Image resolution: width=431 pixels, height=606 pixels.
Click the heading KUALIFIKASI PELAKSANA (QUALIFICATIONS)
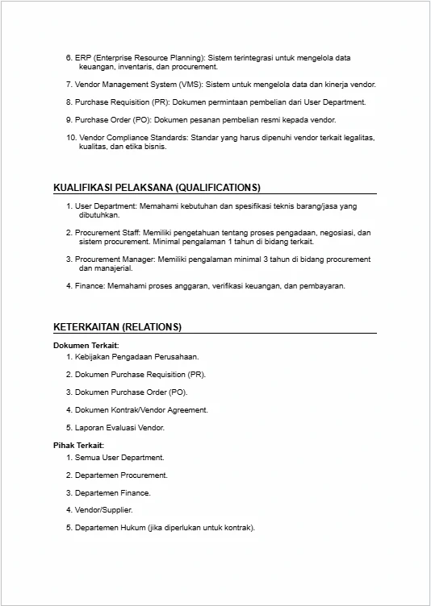[x=157, y=187]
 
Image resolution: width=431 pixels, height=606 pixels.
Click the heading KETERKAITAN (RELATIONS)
[x=117, y=326]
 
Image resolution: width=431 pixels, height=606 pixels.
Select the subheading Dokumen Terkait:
[x=86, y=345]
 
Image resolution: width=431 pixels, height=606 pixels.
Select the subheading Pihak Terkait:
[x=78, y=446]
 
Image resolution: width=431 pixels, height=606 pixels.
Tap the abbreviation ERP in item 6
[x=83, y=58]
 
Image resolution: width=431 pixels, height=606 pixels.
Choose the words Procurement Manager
[x=111, y=259]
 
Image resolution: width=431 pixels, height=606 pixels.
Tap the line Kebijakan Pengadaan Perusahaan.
[x=136, y=356]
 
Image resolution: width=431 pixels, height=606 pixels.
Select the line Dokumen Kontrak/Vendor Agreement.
[x=141, y=409]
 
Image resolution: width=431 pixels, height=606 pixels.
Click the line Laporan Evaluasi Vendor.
[x=119, y=427]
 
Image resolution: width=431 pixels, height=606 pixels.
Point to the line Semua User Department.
[x=119, y=457]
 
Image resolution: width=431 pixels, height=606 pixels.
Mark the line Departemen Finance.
[x=112, y=492]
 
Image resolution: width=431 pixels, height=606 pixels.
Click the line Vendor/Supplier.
[x=104, y=510]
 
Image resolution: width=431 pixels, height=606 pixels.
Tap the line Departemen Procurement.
[x=121, y=475]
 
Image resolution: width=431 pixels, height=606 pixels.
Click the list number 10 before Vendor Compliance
[x=70, y=138]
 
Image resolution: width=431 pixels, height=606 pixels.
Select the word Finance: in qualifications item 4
[x=90, y=285]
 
